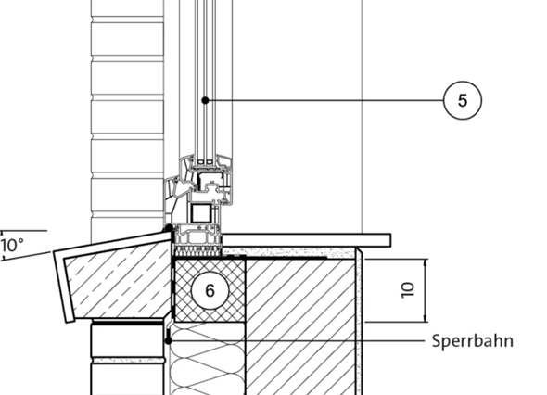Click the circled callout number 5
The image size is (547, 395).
point(463,100)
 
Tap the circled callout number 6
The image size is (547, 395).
point(210,290)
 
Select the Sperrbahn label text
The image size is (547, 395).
point(472,340)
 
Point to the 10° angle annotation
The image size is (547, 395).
point(12,245)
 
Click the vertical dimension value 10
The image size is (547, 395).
point(408,289)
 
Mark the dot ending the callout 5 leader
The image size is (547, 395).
point(206,100)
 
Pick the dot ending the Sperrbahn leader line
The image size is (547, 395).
point(168,340)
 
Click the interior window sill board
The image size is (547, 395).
point(306,240)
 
